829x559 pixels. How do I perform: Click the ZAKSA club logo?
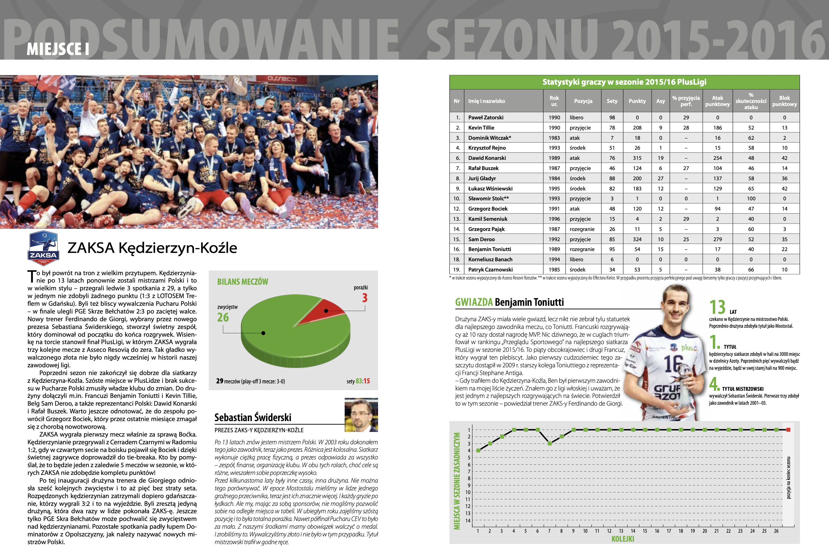pyautogui.click(x=44, y=248)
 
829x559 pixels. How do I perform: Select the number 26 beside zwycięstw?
pyautogui.click(x=223, y=317)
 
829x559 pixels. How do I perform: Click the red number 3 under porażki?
pyautogui.click(x=365, y=298)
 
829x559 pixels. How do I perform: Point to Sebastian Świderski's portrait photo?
pyautogui.click(x=361, y=415)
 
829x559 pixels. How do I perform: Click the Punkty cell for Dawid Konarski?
pyautogui.click(x=637, y=158)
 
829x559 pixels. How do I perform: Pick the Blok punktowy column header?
pyautogui.click(x=784, y=101)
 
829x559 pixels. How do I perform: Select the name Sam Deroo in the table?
pyautogui.click(x=481, y=239)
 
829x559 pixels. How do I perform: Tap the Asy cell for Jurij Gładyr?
pyautogui.click(x=661, y=178)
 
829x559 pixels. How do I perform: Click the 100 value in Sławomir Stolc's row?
pyautogui.click(x=751, y=198)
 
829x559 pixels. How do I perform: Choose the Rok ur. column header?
pyautogui.click(x=554, y=101)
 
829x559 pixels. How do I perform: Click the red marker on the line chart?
pyautogui.click(x=788, y=429)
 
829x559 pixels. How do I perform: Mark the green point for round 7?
pyautogui.click(x=550, y=443)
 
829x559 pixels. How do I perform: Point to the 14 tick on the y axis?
pyautogui.click(x=468, y=520)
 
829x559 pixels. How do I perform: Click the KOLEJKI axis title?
pyautogui.click(x=623, y=539)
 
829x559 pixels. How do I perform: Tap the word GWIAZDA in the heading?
pyautogui.click(x=474, y=302)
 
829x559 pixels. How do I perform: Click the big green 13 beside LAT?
pyautogui.click(x=717, y=307)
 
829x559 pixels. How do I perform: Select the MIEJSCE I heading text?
pyautogui.click(x=58, y=49)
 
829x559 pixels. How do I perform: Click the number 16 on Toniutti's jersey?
pyautogui.click(x=673, y=364)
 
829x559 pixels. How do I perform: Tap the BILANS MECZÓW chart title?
pyautogui.click(x=243, y=282)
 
